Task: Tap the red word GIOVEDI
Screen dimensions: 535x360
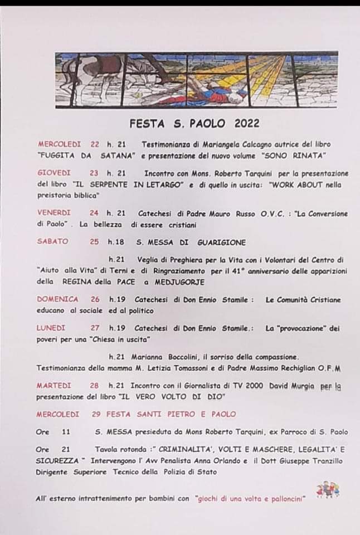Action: [x=55, y=173]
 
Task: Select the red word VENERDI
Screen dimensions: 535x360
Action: [x=54, y=213]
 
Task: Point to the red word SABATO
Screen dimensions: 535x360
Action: [x=52, y=242]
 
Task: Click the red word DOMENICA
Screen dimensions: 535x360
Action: [x=58, y=299]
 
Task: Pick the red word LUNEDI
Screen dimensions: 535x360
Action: [x=51, y=328]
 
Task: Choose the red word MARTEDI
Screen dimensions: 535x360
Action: [x=54, y=386]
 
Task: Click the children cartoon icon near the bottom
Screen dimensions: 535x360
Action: [x=328, y=490]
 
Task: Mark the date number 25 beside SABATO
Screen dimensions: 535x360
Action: [x=94, y=242]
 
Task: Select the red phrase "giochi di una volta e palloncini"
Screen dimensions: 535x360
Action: [x=251, y=499]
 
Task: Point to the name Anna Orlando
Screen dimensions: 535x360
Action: [x=222, y=461]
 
